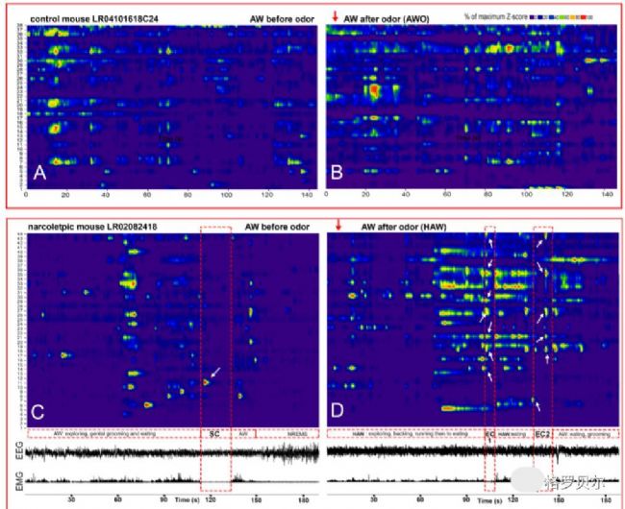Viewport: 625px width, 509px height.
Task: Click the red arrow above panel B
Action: pyautogui.click(x=336, y=14)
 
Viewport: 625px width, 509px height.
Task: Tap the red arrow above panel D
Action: pyautogui.click(x=338, y=227)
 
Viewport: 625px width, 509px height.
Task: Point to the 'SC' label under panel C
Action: pyautogui.click(x=216, y=434)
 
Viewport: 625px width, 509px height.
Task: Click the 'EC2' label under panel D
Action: pyautogui.click(x=542, y=435)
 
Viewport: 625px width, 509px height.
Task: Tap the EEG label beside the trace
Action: pyautogui.click(x=12, y=451)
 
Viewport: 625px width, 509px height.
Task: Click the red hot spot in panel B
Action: pyautogui.click(x=372, y=90)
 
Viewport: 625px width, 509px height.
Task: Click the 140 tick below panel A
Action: pyautogui.click(x=304, y=196)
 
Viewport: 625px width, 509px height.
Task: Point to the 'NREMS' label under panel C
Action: pyautogui.click(x=296, y=434)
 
